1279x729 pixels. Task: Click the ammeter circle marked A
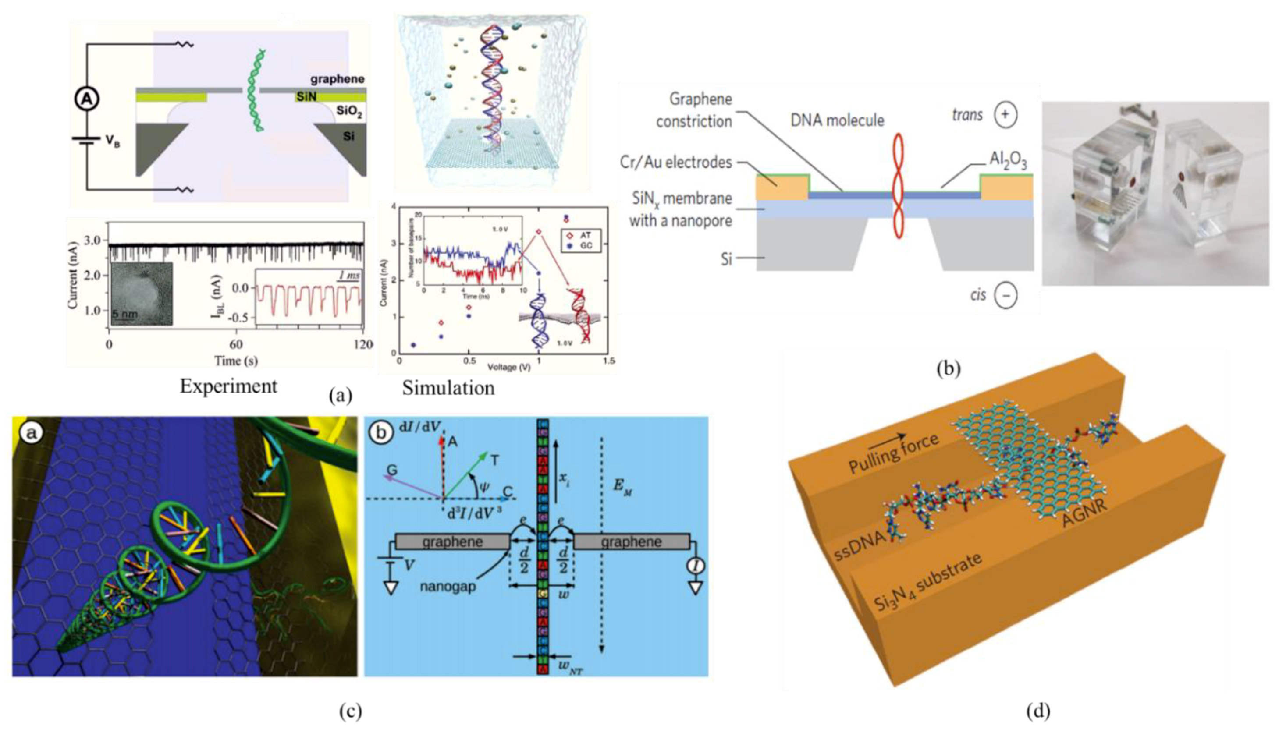coord(87,99)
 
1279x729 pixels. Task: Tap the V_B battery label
coord(112,142)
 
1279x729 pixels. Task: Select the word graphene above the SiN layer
coord(337,79)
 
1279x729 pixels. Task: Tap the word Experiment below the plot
coord(228,386)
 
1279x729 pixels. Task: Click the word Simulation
coord(448,388)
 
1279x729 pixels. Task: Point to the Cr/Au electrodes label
coord(675,162)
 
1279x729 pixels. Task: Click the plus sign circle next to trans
coord(1005,115)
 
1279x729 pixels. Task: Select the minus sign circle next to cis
coord(1005,295)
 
